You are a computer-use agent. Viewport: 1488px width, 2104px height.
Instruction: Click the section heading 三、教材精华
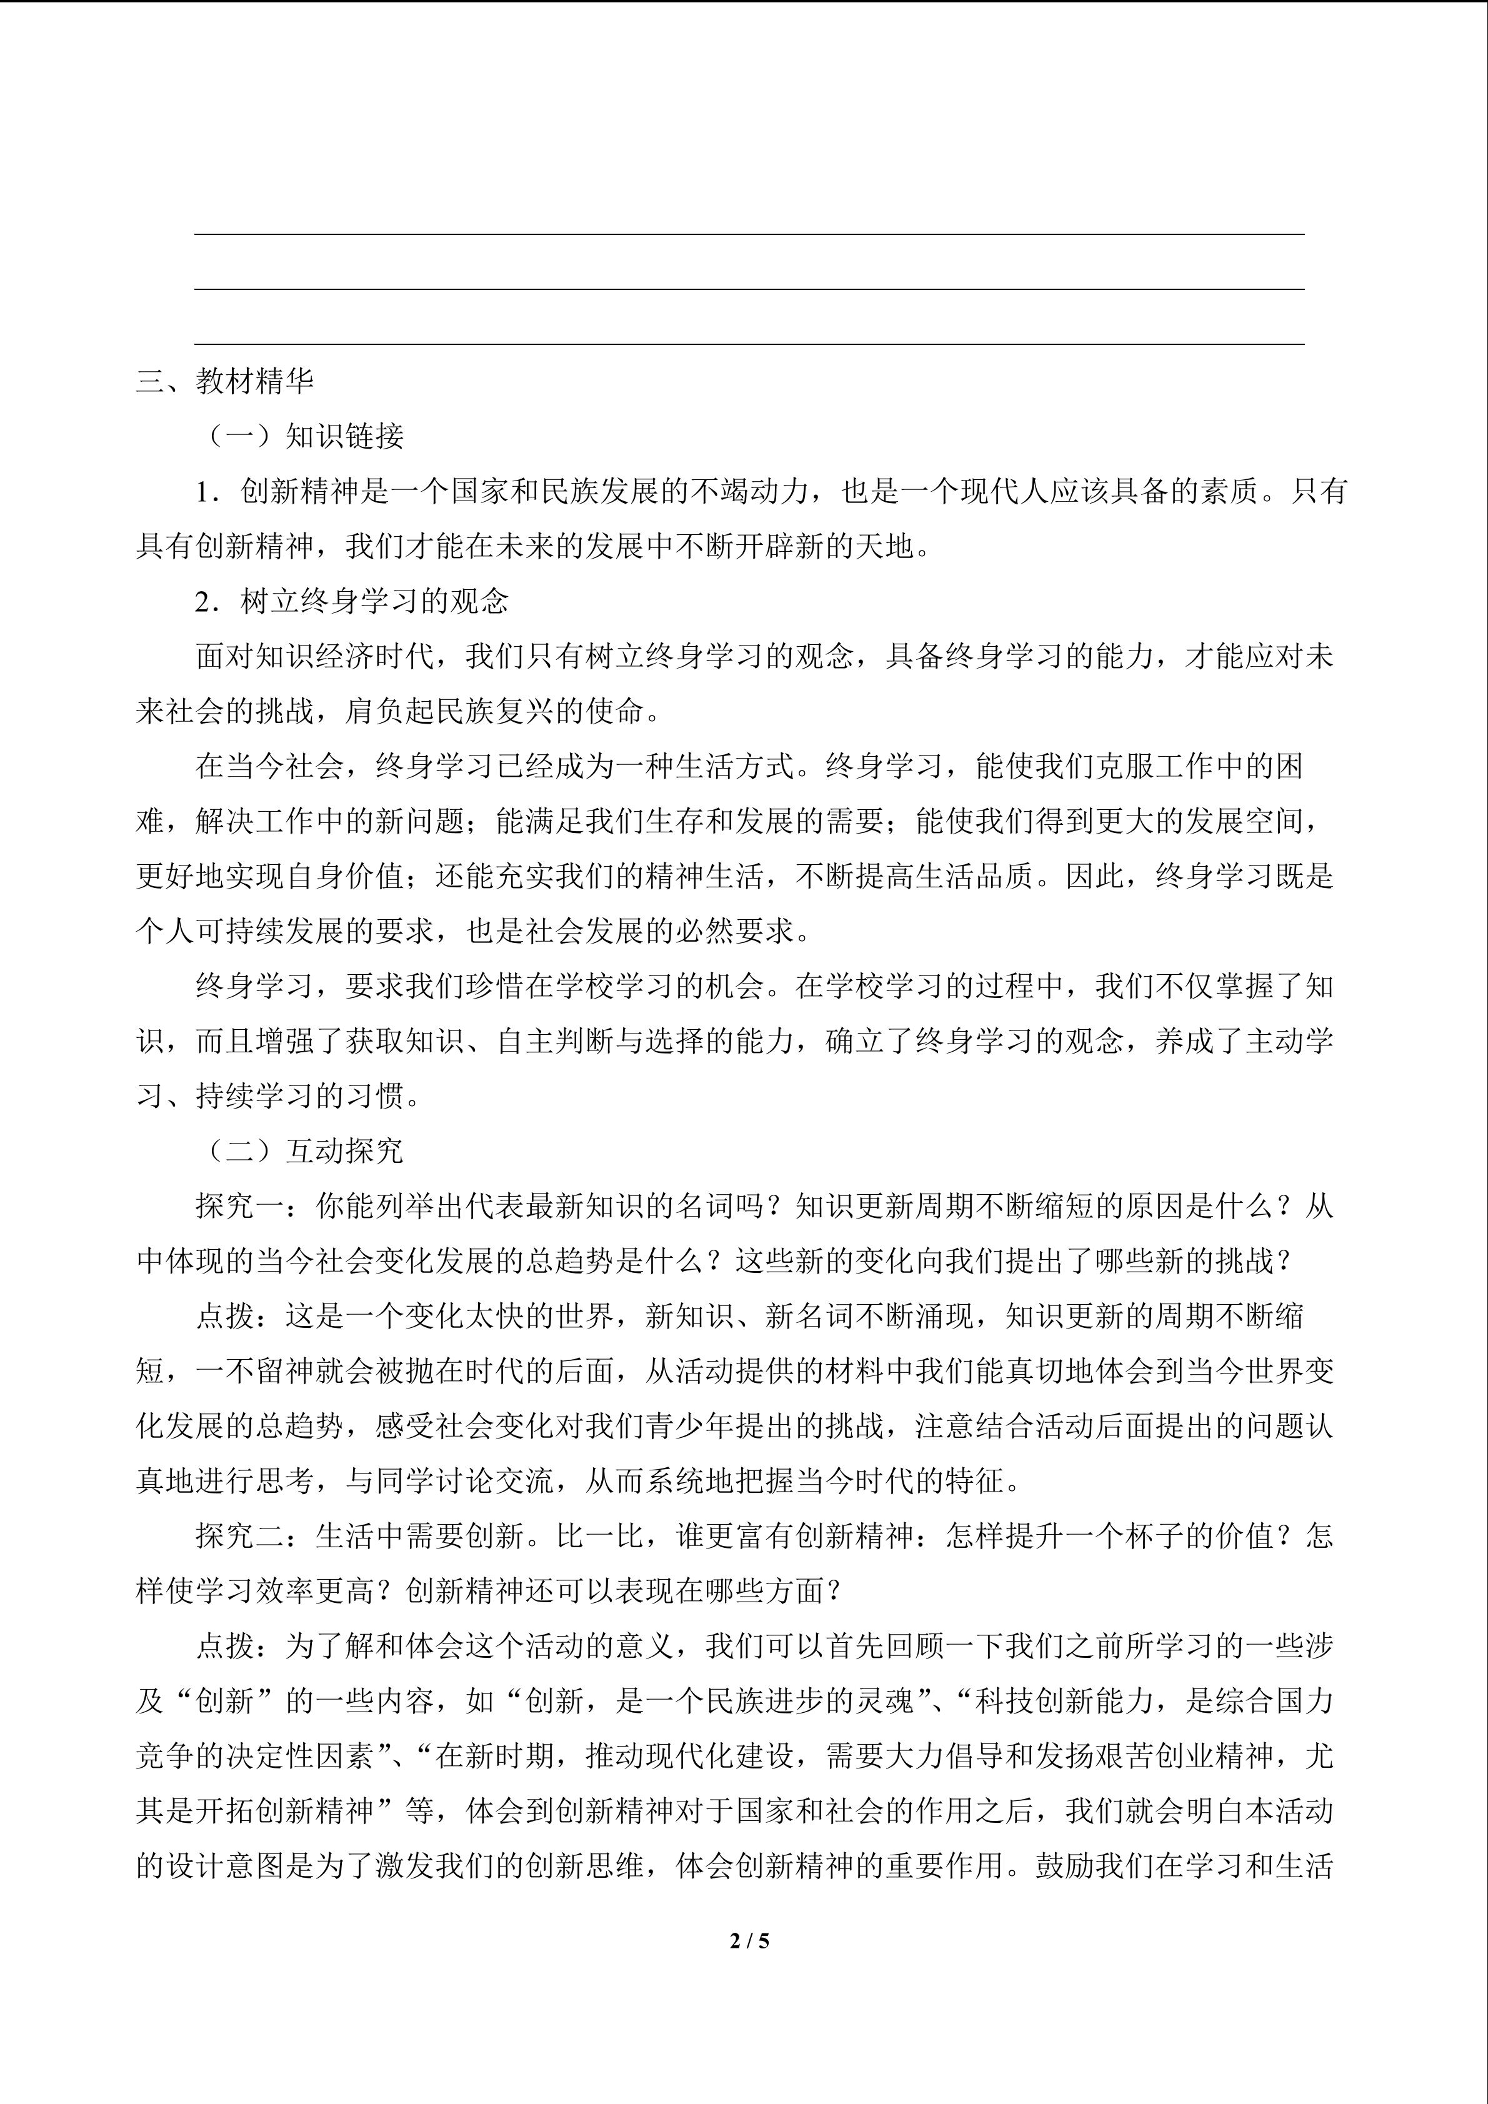click(224, 381)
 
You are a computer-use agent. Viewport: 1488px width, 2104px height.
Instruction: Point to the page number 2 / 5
click(749, 1940)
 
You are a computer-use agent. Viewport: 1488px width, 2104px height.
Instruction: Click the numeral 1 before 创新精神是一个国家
click(203, 492)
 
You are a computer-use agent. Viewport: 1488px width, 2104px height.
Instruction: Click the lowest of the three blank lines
click(749, 344)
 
